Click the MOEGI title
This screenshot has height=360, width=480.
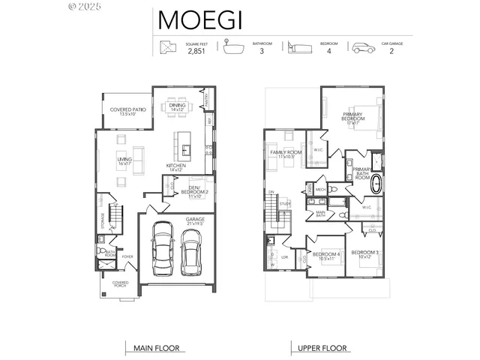coord(200,20)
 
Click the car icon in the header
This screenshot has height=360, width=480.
coord(363,47)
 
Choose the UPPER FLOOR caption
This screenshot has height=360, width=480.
coord(322,348)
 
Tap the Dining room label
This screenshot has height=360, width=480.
coord(177,108)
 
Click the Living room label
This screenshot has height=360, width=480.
coord(124,160)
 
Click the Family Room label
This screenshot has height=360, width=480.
coord(285,154)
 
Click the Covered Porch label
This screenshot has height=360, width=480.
coord(120,284)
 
